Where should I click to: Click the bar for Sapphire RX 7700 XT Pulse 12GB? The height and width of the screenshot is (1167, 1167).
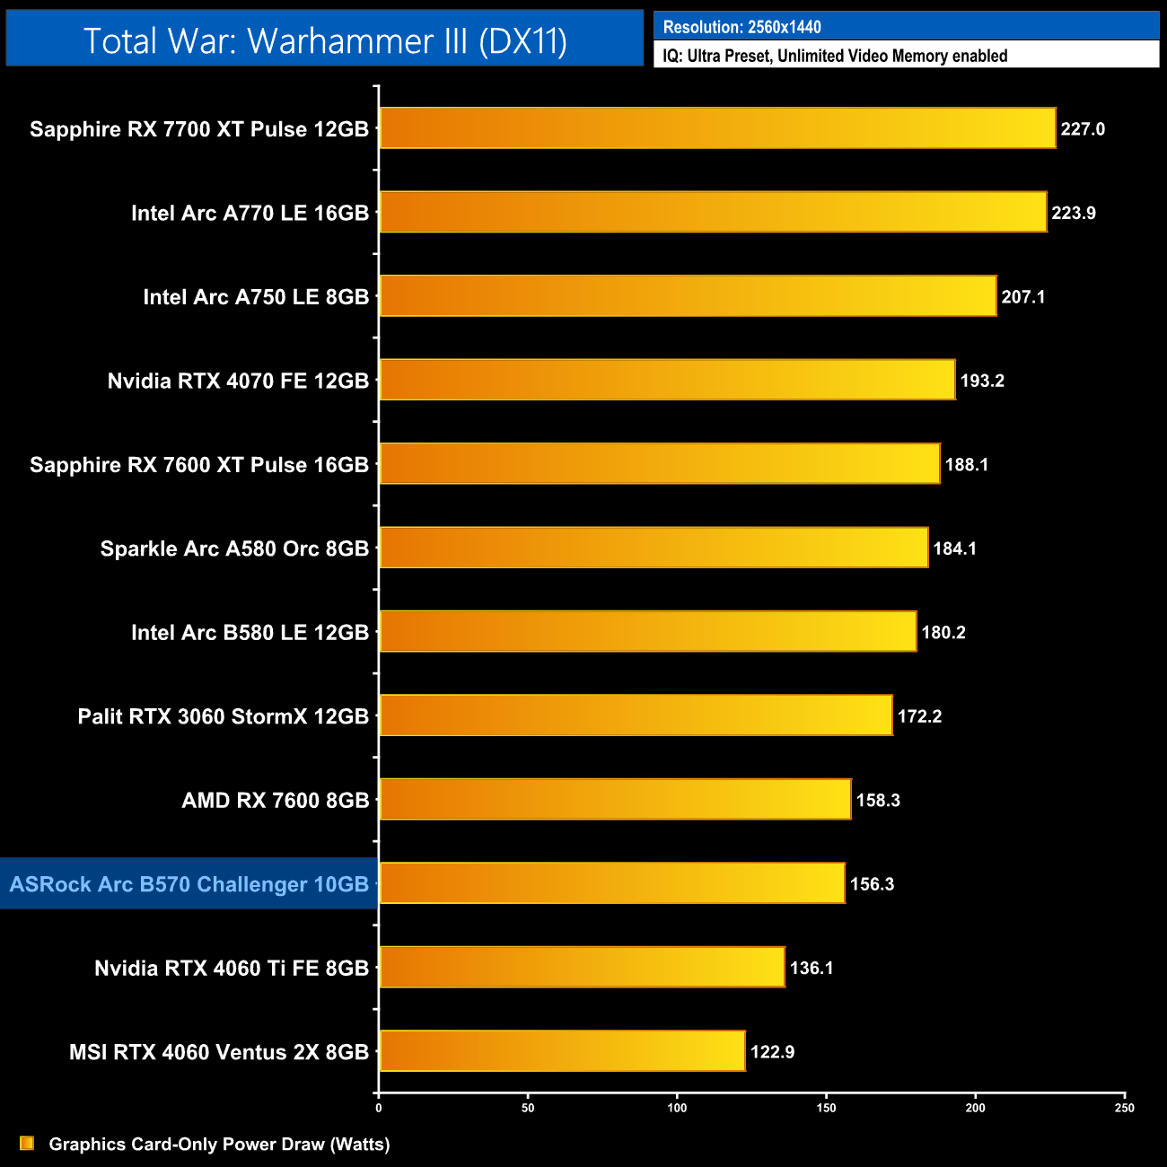[x=717, y=127]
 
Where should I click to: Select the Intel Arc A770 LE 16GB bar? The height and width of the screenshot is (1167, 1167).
[x=713, y=212]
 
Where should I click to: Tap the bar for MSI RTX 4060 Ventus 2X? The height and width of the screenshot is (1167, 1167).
[x=562, y=1051]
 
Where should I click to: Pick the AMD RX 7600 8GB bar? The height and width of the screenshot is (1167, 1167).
[x=615, y=799]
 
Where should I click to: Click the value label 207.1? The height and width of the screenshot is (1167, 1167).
[x=1023, y=297]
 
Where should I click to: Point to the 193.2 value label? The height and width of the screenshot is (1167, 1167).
[x=982, y=381]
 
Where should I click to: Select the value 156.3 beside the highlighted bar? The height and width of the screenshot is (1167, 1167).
[x=872, y=884]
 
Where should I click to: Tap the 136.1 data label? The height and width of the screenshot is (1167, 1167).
[x=812, y=968]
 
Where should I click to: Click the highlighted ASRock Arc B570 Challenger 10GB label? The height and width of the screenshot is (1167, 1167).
[x=189, y=884]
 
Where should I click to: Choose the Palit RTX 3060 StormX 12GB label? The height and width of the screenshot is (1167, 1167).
[x=224, y=716]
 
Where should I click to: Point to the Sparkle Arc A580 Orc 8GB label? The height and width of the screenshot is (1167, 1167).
[x=234, y=548]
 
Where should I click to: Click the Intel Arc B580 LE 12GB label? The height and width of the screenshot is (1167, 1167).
[x=250, y=633]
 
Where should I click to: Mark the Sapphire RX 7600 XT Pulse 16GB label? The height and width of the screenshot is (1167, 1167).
[x=199, y=465]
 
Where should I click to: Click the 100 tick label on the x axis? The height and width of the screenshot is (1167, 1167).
[x=677, y=1108]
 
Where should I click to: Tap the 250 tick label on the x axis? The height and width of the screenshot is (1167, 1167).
[x=1124, y=1108]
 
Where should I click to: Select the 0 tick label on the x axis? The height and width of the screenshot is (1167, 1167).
[x=379, y=1108]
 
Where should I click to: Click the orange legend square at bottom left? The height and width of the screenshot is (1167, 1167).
[x=27, y=1143]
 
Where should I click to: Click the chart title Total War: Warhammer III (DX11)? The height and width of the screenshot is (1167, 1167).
[x=325, y=41]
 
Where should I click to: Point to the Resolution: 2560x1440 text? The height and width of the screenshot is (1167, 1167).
[x=741, y=27]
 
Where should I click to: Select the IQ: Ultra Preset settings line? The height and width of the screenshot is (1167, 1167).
[x=835, y=56]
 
